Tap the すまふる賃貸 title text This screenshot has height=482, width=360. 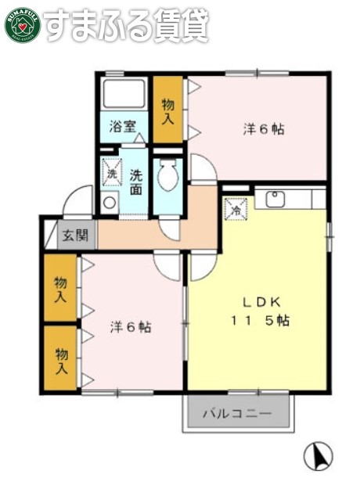click(126, 25)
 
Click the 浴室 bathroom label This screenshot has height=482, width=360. click(123, 125)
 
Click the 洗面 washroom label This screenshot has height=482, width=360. click(136, 182)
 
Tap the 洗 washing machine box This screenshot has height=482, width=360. click(112, 173)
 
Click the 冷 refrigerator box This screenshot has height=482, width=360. click(236, 208)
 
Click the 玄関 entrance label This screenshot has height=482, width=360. click(76, 234)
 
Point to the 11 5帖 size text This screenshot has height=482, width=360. click(258, 321)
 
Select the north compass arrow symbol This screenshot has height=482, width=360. click(318, 455)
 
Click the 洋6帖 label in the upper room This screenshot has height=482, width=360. click(263, 129)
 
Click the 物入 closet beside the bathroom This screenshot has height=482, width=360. click(168, 110)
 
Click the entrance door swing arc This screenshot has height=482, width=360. click(77, 201)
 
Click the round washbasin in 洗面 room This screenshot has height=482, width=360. click(110, 203)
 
